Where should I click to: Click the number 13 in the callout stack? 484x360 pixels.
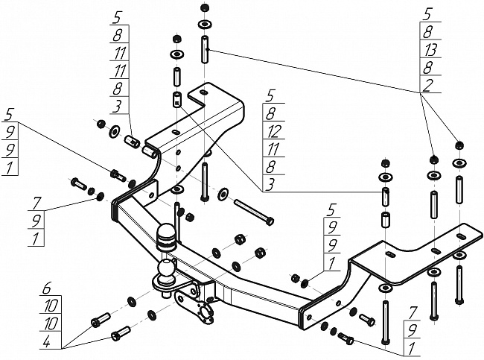(x=430, y=49)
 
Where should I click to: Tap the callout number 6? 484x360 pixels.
(x=47, y=288)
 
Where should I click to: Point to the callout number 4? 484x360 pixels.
(x=47, y=342)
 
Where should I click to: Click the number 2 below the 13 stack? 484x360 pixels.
(x=427, y=85)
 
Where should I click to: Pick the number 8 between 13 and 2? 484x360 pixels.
(x=427, y=67)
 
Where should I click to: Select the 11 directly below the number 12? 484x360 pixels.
(x=273, y=149)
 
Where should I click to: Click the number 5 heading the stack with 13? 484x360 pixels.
(x=427, y=14)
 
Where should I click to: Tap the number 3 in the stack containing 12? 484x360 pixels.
(x=270, y=185)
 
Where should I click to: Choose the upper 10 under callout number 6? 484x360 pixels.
(x=51, y=306)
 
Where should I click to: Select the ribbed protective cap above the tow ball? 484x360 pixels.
(x=166, y=236)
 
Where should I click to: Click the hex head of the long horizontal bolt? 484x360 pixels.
(x=270, y=221)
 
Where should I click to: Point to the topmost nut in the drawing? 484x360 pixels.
(x=204, y=7)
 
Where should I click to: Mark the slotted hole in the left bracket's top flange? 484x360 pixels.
(x=204, y=92)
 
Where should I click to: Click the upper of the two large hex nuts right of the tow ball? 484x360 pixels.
(x=240, y=239)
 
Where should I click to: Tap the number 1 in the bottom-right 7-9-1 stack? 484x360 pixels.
(x=411, y=349)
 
